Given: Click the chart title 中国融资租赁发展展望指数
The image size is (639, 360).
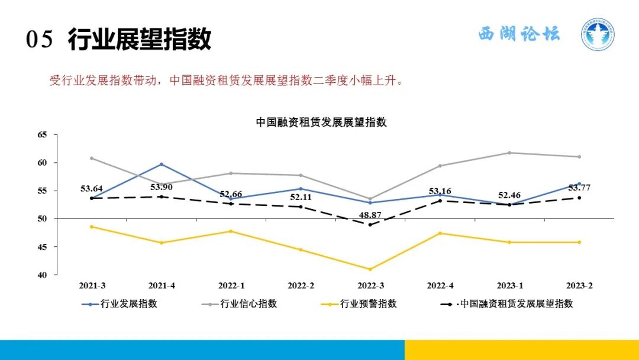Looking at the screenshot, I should point(321,122).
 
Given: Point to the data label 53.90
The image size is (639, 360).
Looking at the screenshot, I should point(162,187).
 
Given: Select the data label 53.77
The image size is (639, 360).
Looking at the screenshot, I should point(579,188).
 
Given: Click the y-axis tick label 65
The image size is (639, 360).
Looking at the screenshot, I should point(42,135).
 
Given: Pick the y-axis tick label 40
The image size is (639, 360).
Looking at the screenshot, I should point(42,275).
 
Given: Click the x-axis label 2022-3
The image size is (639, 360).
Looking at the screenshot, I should point(370,285).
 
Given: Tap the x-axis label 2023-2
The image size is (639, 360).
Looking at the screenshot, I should point(579,285).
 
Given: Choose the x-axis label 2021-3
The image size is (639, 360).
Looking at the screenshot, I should point(92,285).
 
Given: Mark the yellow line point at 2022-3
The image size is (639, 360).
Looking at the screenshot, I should point(370,269).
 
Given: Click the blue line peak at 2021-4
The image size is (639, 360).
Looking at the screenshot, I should point(162,164).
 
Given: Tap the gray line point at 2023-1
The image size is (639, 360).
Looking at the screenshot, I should point(509,153).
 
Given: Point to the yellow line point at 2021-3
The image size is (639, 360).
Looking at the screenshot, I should point(92,227).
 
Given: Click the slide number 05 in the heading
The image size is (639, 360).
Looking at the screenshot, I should point(40,40).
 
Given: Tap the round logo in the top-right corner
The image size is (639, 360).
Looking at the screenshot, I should point(597,34).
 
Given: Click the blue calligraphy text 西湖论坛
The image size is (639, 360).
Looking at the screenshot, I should point(519,34).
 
